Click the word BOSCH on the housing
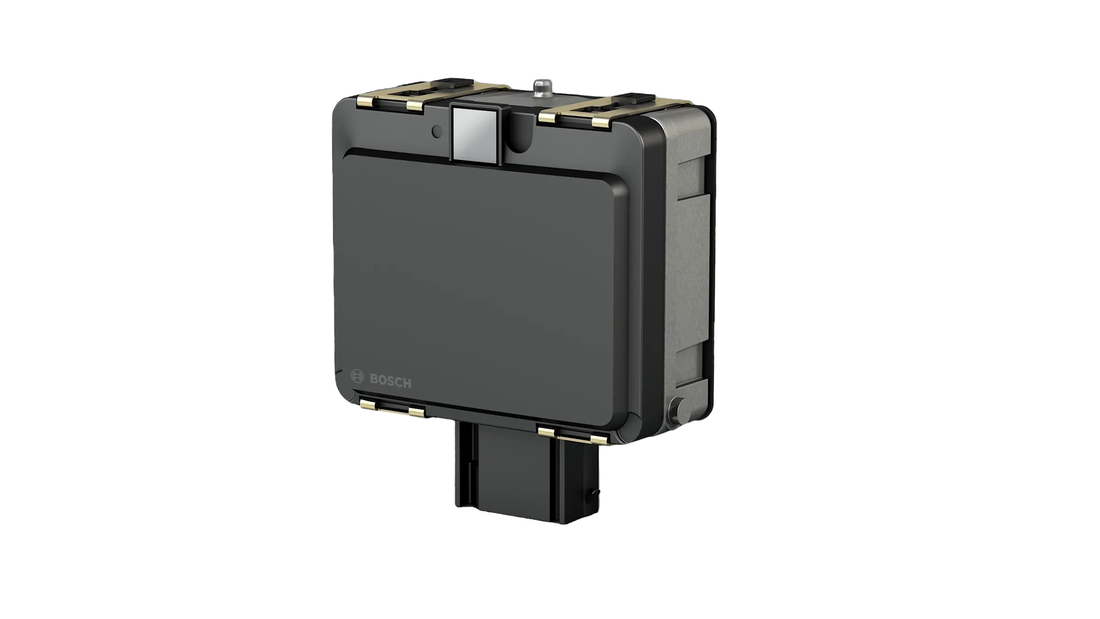click(x=390, y=381)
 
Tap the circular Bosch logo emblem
click(x=357, y=377)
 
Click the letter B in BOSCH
click(x=374, y=379)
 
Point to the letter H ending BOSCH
click(x=407, y=383)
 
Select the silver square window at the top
click(x=475, y=133)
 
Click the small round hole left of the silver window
click(x=437, y=132)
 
